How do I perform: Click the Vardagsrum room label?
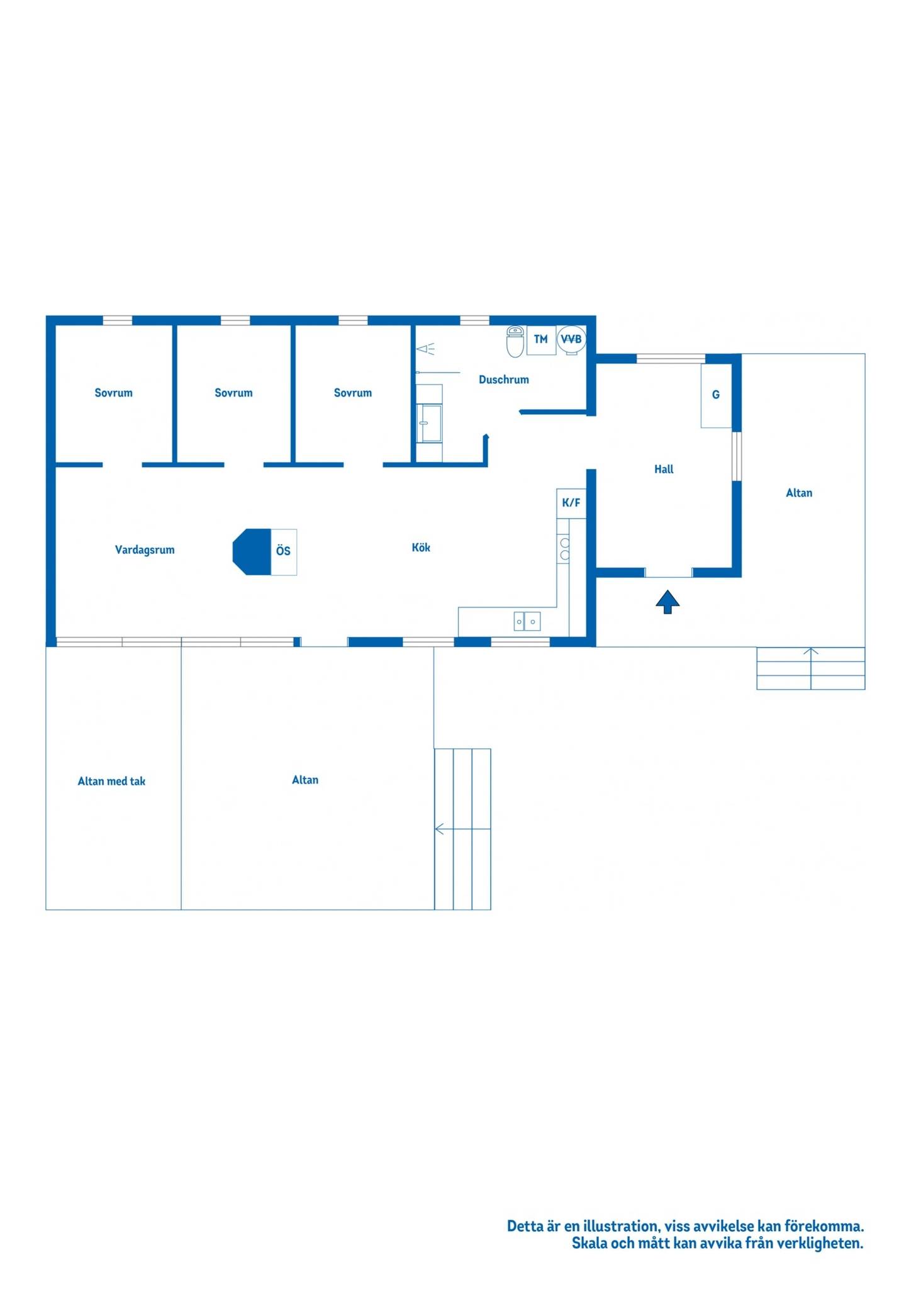click(145, 549)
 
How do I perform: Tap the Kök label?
click(421, 547)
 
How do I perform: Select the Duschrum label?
click(504, 380)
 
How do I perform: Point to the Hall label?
click(664, 469)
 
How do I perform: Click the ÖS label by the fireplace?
click(283, 551)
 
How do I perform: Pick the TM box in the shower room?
click(541, 340)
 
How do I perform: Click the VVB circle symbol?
click(571, 339)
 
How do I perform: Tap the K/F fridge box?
click(571, 503)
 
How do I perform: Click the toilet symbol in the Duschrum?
click(515, 341)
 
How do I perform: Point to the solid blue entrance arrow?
click(668, 602)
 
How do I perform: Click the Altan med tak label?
click(111, 781)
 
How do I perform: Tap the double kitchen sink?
click(527, 621)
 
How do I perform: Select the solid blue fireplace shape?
click(252, 552)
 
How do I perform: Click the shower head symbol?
click(426, 349)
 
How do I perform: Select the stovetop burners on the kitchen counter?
click(564, 549)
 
